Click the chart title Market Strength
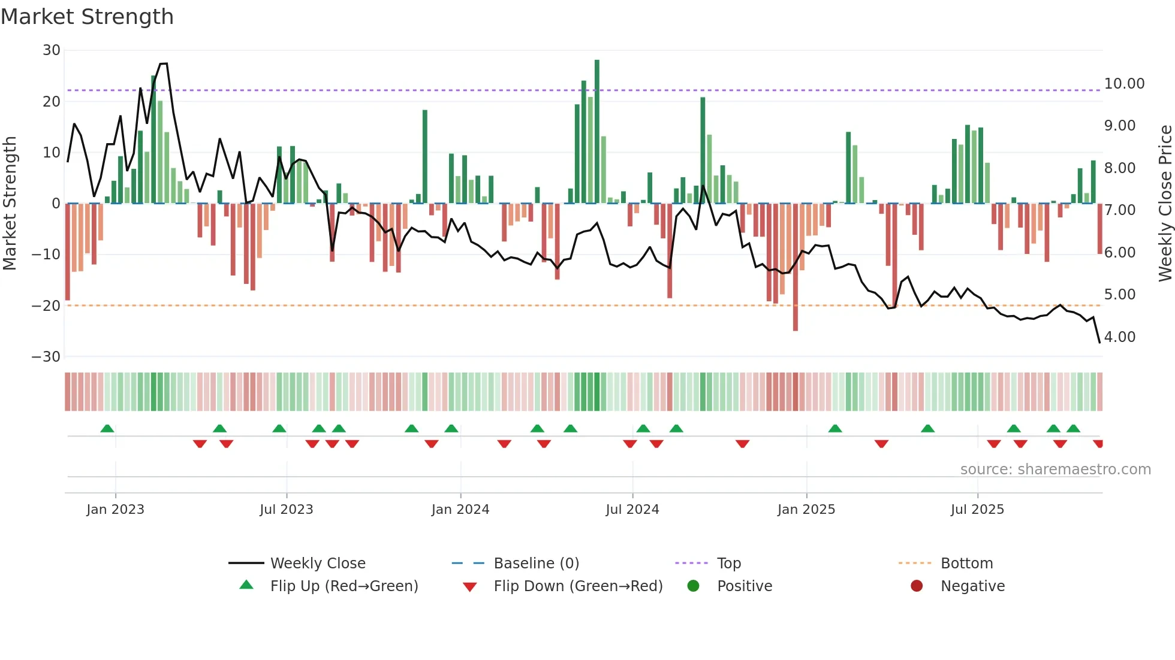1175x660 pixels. click(x=87, y=17)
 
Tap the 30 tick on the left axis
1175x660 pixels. click(x=52, y=50)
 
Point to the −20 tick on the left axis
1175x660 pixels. click(x=47, y=306)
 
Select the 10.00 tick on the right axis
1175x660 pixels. click(x=1124, y=84)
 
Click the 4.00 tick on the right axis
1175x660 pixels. click(x=1119, y=337)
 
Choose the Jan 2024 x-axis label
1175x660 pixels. click(x=460, y=510)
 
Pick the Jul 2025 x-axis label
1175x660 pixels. click(x=977, y=510)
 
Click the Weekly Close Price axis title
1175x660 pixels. click(x=1165, y=204)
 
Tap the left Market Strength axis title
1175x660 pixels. click(x=10, y=204)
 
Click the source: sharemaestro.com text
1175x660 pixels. click(x=1055, y=470)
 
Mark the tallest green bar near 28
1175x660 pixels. click(x=596, y=132)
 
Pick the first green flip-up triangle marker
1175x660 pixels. click(x=107, y=429)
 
